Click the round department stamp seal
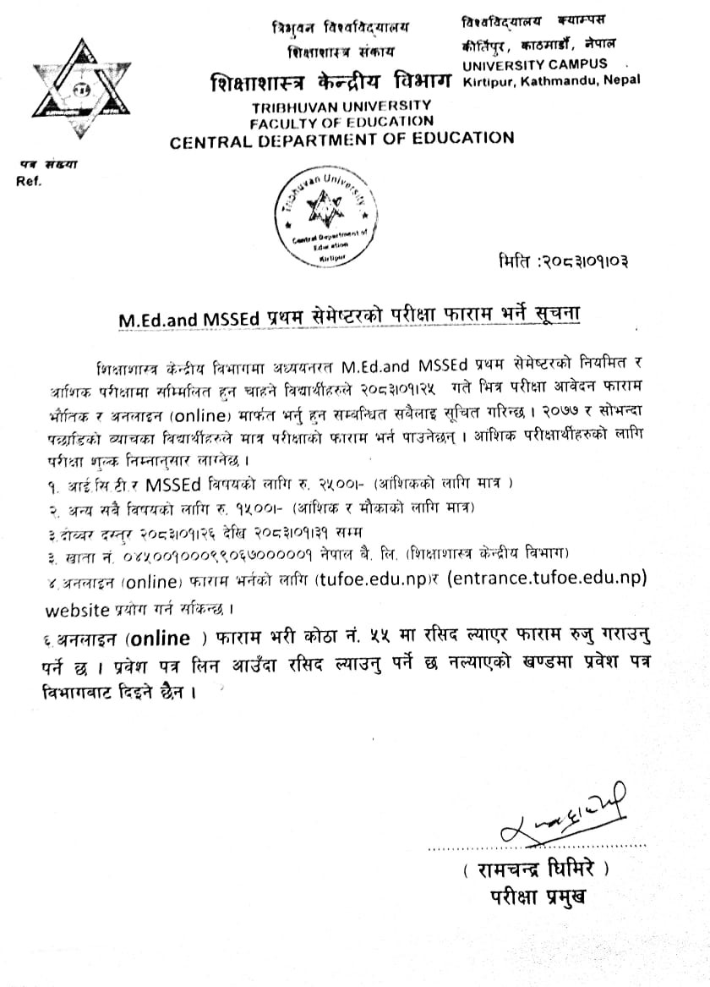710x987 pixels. [x=324, y=211]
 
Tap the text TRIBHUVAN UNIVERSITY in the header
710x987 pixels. [x=341, y=106]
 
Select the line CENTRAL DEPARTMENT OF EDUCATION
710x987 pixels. [x=341, y=140]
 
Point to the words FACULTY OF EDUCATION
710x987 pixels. [x=341, y=122]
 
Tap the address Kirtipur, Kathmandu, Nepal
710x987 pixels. [x=551, y=80]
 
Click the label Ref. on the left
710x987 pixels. [x=28, y=180]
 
